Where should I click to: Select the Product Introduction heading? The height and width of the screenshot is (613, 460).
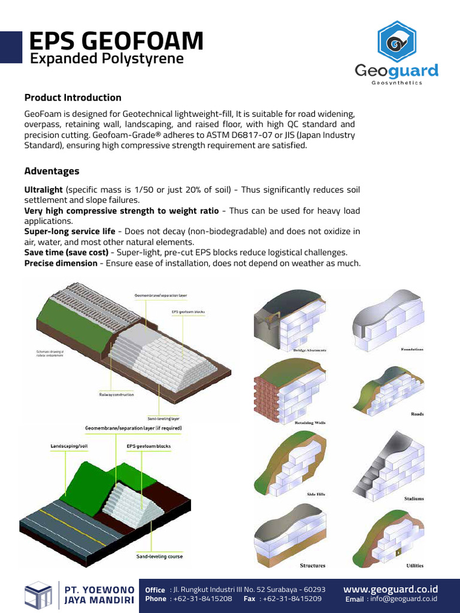tap(72, 98)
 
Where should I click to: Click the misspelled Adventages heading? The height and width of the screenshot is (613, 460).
tap(52, 171)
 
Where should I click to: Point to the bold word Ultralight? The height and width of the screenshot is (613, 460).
tap(43, 190)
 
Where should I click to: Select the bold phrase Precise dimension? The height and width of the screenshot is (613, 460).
tap(60, 263)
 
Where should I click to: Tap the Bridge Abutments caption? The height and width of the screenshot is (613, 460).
tap(310, 350)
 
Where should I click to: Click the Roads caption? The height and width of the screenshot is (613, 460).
tap(417, 414)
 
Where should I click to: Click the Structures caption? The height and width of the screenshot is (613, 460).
tap(313, 565)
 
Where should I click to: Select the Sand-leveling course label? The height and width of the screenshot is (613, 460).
tap(159, 556)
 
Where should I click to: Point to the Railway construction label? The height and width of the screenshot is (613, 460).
tap(117, 394)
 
